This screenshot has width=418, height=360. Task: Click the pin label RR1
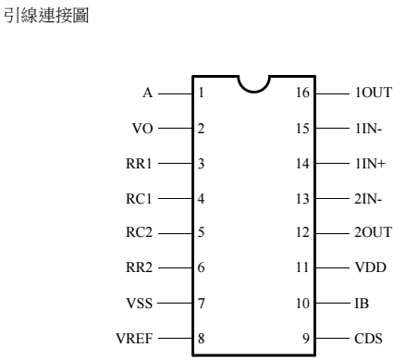pos(138,164)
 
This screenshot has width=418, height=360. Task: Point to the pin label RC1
pos(138,198)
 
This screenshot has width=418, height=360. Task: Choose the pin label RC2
pos(138,233)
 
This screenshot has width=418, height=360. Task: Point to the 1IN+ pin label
pos(369,164)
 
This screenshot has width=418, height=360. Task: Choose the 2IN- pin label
pos(368,198)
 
